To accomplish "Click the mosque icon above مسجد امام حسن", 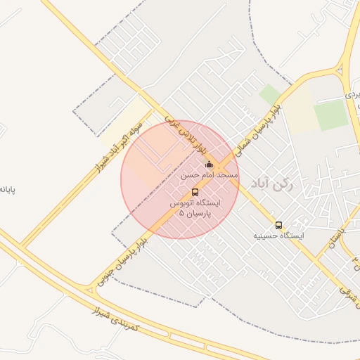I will click(209, 165).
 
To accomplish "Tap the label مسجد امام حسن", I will click(210, 174).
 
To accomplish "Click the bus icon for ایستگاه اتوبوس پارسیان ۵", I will click(195, 192).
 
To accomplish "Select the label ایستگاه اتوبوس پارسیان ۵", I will click(195, 207).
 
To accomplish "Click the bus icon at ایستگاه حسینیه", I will click(279, 225).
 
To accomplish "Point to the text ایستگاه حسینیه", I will click(279, 236).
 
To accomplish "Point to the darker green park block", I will click(330, 115).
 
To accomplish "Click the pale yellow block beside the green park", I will click(300, 109).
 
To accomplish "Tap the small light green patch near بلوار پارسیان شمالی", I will click(270, 94).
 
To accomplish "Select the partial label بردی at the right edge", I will click(352, 94).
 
